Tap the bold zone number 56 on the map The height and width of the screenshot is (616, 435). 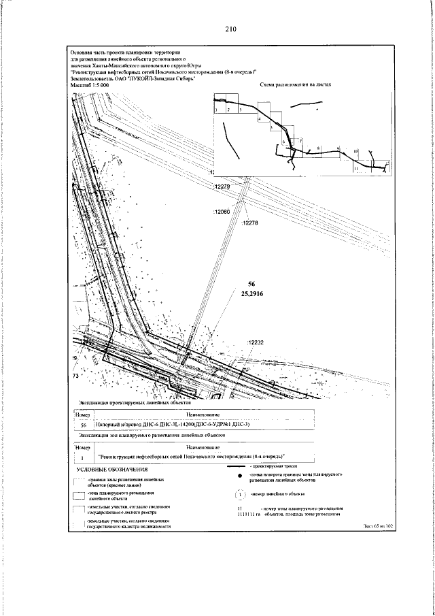[251, 282]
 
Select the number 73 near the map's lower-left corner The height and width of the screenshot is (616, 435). [76, 374]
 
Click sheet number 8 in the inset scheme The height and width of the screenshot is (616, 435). [317, 147]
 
